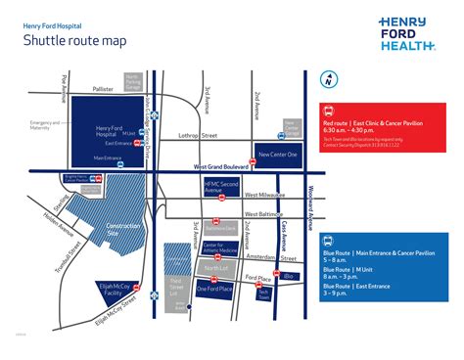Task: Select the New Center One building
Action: point(277,154)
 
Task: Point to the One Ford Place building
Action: point(213,289)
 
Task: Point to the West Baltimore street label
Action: point(263,212)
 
